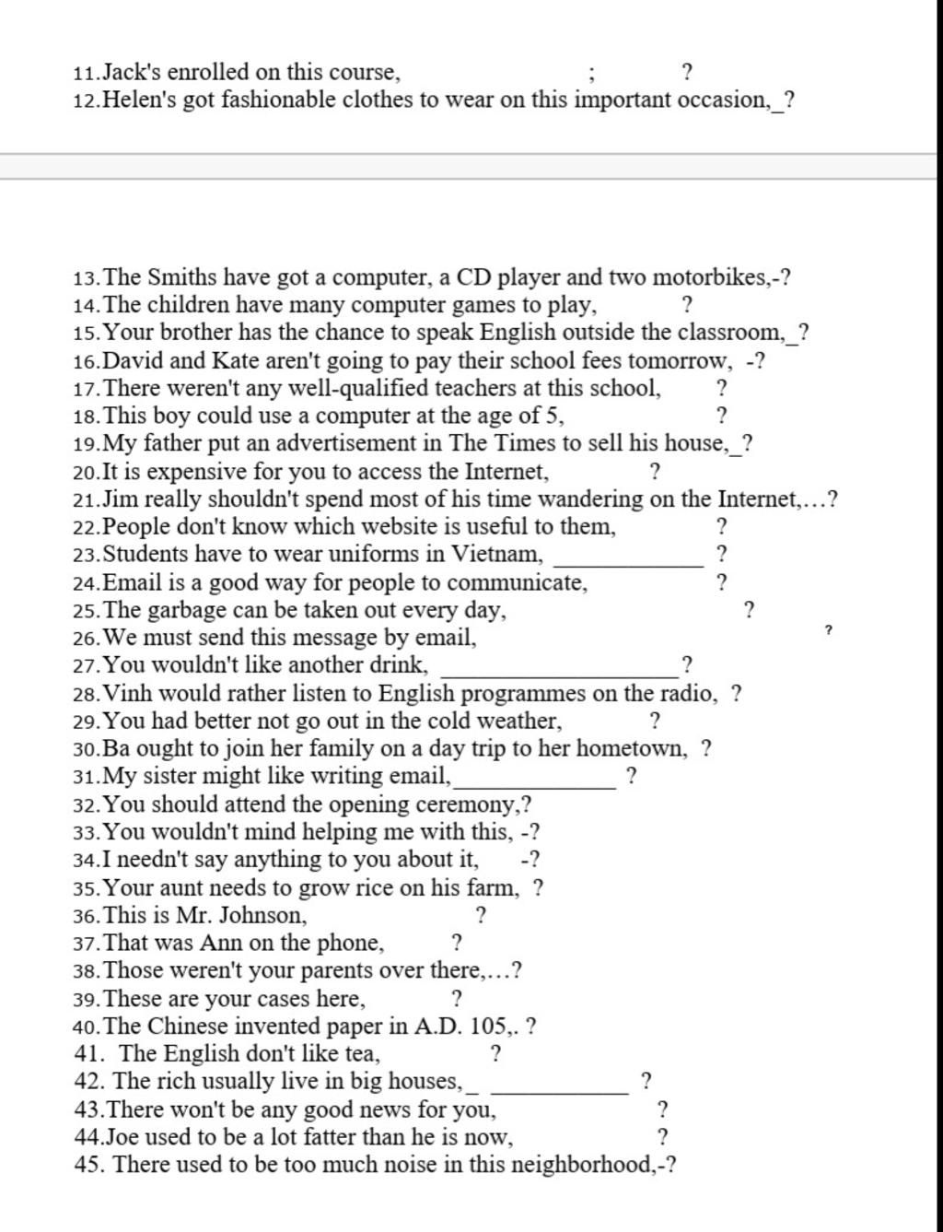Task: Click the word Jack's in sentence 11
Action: (x=132, y=72)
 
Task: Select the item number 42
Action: (x=87, y=1081)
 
